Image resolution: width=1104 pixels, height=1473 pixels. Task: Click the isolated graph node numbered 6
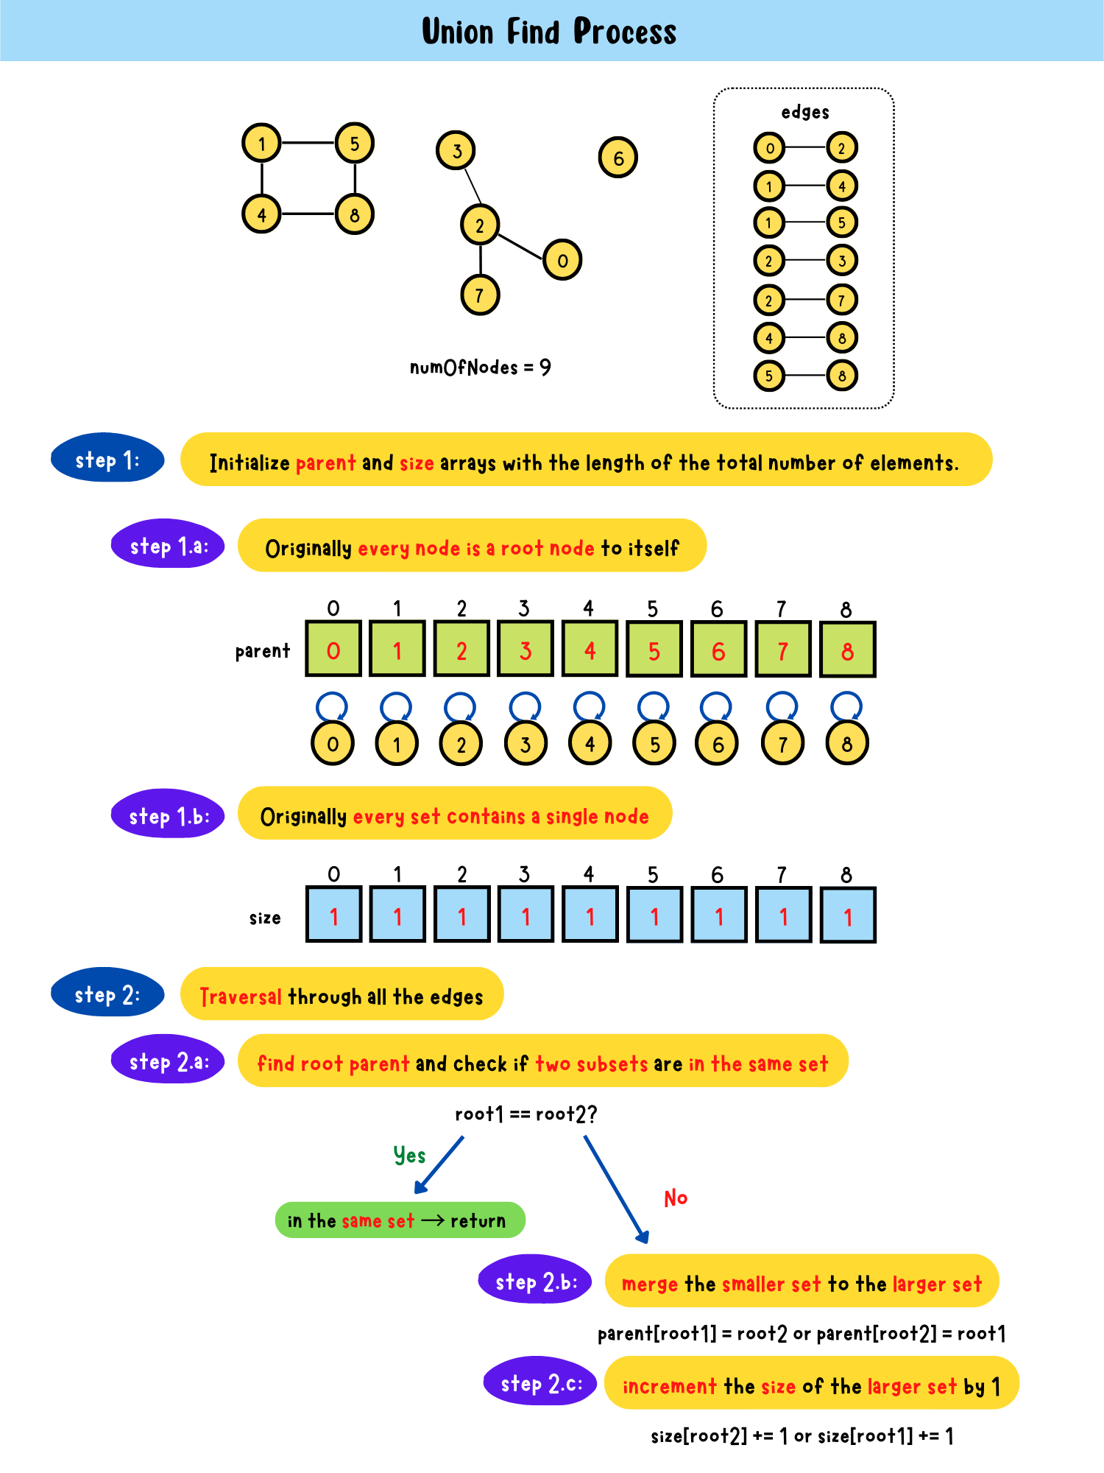pos(618,157)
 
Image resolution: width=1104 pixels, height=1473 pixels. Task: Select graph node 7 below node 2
pos(480,295)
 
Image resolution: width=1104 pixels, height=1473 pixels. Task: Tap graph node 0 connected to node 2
pos(562,259)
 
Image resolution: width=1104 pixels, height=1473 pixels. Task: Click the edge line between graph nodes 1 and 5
pos(308,142)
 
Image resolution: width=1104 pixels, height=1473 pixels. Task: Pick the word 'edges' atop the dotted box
pos(805,112)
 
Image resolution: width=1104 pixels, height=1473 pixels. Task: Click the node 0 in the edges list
pos(769,147)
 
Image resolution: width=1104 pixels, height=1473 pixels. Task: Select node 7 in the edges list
pos(842,300)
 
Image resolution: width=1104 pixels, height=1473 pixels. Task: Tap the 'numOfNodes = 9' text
pos(480,367)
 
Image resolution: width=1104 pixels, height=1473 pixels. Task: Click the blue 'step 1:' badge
pos(107,458)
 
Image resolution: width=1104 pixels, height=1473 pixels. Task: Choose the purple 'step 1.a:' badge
pos(168,545)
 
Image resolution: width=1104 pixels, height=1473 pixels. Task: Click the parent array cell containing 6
pos(718,650)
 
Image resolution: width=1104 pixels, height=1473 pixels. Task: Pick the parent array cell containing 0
pos(333,650)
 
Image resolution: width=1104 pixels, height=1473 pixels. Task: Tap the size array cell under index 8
pos(847,915)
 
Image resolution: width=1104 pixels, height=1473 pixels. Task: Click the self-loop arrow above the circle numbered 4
pos(590,706)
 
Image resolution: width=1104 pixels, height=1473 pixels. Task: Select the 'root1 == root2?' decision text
pos(526,1114)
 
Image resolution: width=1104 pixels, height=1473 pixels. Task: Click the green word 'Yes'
pos(409,1155)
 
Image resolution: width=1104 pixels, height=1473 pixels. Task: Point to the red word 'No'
pos(675,1198)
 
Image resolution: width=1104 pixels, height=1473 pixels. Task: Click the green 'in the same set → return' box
pos(400,1220)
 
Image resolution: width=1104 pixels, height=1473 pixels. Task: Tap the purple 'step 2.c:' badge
pos(540,1382)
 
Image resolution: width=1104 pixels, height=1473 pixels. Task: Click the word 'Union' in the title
pos(458,32)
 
